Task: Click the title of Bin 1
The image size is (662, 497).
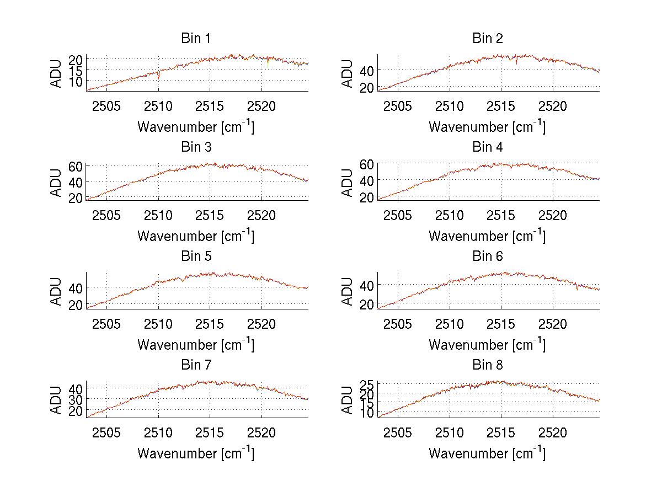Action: (x=196, y=39)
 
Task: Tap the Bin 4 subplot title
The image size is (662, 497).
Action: (x=488, y=147)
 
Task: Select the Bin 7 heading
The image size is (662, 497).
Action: (x=196, y=365)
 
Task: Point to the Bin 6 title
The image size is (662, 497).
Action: (x=488, y=256)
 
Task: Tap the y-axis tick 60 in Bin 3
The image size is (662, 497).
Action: (x=76, y=166)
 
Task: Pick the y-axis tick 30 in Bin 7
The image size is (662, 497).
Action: (x=76, y=398)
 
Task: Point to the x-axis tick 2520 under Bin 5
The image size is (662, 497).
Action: (x=261, y=323)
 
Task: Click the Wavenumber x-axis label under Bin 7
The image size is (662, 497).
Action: (x=196, y=453)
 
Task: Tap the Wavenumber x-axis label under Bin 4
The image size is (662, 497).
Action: (x=488, y=236)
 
